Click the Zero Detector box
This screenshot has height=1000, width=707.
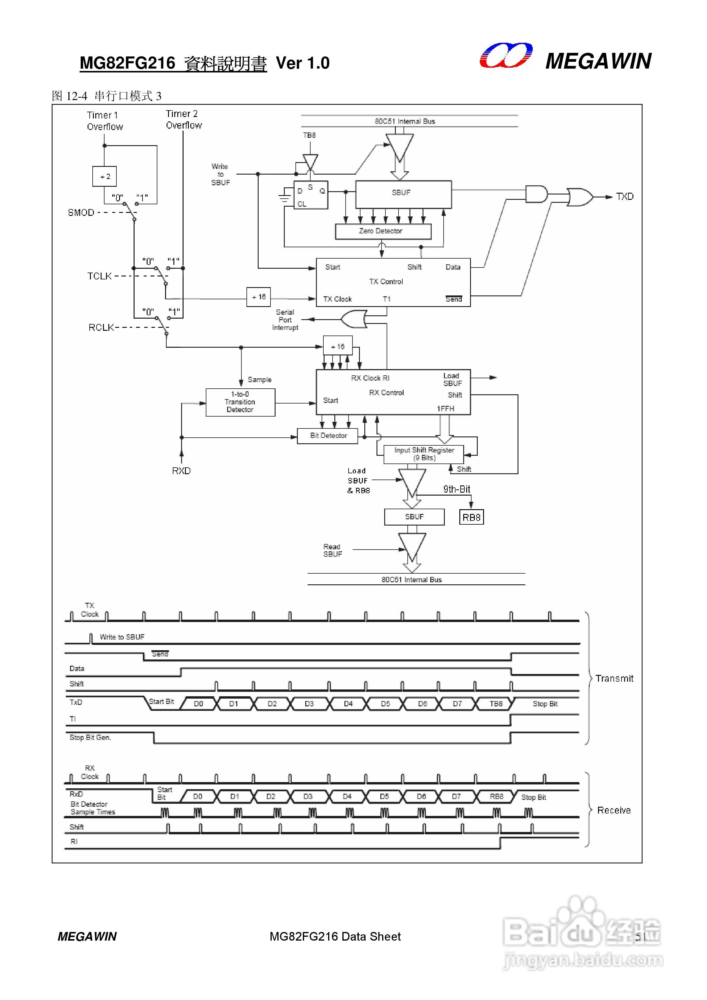(x=383, y=231)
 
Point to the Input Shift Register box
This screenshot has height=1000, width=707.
(x=423, y=454)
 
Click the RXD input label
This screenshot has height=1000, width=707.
(x=181, y=471)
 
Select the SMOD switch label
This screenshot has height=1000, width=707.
(x=81, y=213)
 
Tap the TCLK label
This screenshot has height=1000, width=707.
(x=99, y=276)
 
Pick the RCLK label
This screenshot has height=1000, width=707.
(x=101, y=327)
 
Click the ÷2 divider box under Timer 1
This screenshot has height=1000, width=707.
(x=105, y=176)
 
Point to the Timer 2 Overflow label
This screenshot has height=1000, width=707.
(x=184, y=119)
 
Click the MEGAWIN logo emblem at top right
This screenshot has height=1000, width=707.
(x=506, y=56)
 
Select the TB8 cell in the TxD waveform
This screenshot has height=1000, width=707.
(x=496, y=704)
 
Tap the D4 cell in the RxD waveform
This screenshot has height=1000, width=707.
(x=347, y=797)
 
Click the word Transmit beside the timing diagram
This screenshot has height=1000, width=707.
(x=614, y=678)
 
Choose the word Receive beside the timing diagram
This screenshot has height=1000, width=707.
(x=614, y=811)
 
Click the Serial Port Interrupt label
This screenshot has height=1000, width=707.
(x=285, y=320)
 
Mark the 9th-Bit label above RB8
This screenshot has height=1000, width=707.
(x=456, y=489)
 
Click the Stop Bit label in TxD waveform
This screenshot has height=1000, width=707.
(x=545, y=704)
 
